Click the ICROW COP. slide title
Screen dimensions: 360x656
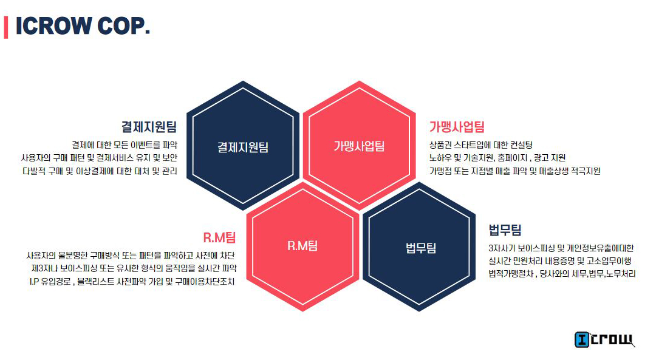[x=83, y=26]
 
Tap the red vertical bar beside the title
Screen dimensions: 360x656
[x=6, y=27]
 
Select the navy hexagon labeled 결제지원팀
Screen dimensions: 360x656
[x=243, y=146]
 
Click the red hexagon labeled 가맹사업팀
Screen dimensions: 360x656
[x=359, y=146]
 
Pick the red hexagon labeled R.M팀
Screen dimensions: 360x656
[x=302, y=246]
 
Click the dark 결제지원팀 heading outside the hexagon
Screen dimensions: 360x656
[x=149, y=127]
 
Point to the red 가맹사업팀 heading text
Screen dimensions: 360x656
[x=457, y=127]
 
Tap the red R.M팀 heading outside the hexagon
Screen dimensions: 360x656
[x=219, y=237]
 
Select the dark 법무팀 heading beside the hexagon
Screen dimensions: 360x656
[x=505, y=230]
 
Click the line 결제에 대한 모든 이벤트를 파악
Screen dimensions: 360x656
[x=124, y=144]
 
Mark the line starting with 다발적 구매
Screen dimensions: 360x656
[x=100, y=171]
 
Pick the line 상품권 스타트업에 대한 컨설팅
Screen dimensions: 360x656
[x=480, y=144]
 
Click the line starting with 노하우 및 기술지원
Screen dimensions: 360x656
[x=497, y=158]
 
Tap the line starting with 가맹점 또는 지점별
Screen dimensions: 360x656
[x=514, y=171]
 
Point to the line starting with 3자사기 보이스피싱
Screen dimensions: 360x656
[x=561, y=248]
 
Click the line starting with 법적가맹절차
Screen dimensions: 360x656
[x=562, y=274]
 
